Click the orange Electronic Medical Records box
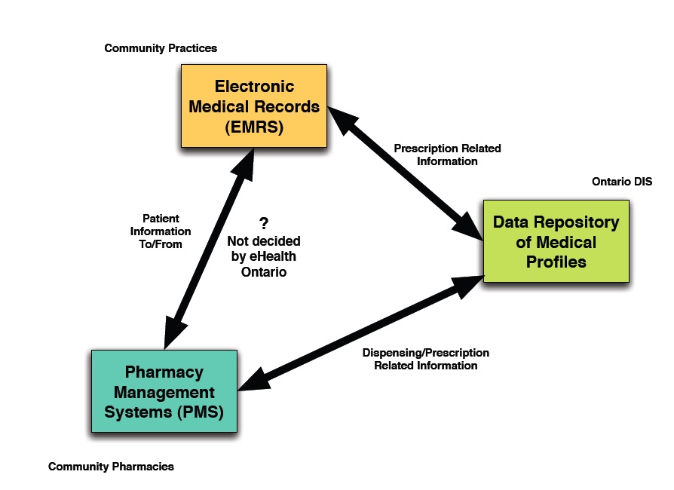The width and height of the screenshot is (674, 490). coord(254,106)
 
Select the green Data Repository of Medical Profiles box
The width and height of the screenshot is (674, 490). coord(556,241)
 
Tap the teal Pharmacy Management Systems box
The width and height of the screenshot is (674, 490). coord(164,391)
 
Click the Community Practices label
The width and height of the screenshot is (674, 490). coord(161,48)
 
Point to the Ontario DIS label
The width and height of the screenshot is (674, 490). coord(622,182)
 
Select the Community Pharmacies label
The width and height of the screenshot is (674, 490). coord(111,467)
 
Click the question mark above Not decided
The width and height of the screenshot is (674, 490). coord(263,223)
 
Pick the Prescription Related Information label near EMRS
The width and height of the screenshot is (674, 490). coord(447,155)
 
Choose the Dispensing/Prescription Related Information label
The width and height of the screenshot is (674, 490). coord(426,359)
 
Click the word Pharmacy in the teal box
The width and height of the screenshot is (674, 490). coord(164,372)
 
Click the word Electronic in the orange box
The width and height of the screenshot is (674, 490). coord(254,86)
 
